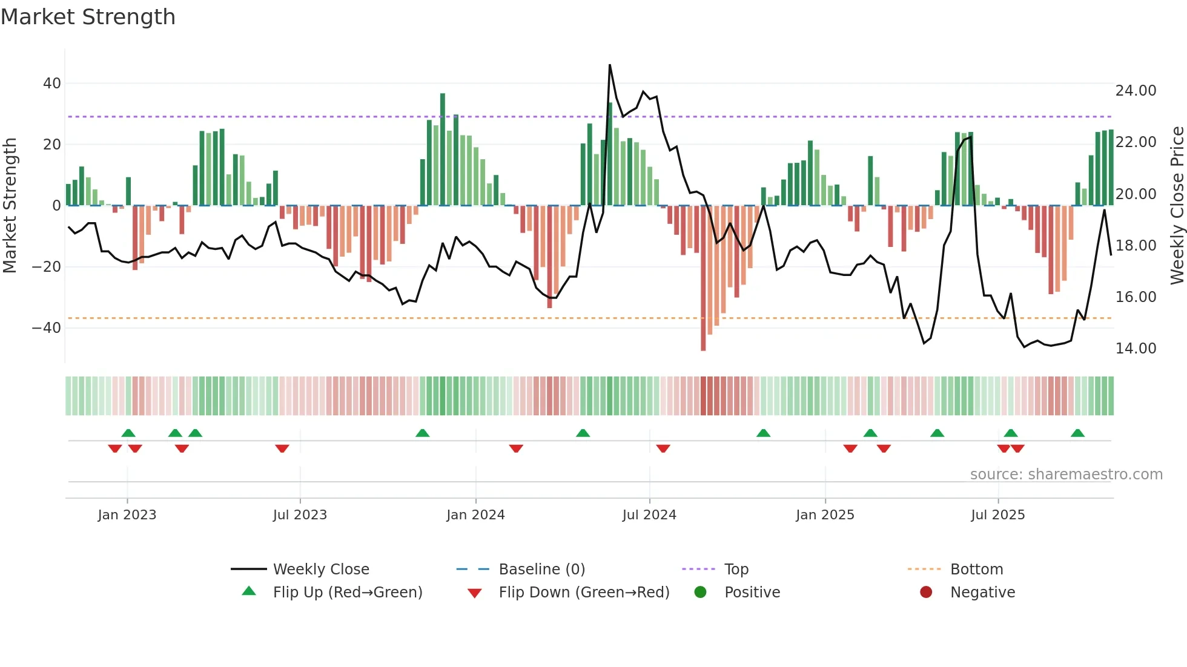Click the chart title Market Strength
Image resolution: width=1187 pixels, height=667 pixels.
(88, 17)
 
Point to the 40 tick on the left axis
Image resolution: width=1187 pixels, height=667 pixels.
(52, 84)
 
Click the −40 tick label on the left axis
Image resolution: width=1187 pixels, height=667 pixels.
(47, 328)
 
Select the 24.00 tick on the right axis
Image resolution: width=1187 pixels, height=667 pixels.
(1136, 91)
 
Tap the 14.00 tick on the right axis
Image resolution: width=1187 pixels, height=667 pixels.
(1136, 349)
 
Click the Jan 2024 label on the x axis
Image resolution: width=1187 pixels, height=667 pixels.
(475, 515)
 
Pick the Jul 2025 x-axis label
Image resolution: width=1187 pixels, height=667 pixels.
(997, 515)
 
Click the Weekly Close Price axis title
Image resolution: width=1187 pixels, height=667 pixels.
(1177, 206)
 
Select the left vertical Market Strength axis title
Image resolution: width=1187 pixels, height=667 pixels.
(10, 206)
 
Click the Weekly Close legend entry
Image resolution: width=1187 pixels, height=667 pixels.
(321, 570)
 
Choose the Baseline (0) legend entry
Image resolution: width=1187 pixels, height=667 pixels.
(541, 570)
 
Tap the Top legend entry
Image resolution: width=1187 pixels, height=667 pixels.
(736, 570)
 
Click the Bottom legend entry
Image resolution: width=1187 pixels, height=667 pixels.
(976, 570)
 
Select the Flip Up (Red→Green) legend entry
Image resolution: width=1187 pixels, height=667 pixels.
(347, 593)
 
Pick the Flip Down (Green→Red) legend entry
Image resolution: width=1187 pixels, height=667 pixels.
(584, 593)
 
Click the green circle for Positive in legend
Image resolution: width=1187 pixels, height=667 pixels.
(701, 593)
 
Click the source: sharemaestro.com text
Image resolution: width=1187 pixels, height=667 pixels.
(1066, 475)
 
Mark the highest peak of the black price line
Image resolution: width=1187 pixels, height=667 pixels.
(610, 65)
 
